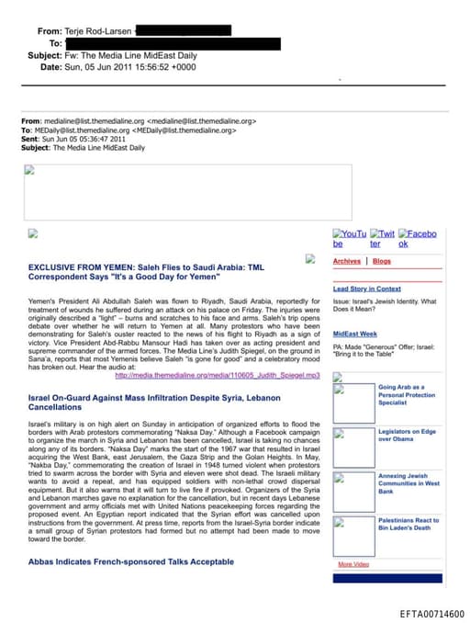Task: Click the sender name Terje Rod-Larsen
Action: (100, 30)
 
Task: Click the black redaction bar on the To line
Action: (173, 43)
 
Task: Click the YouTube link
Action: (349, 239)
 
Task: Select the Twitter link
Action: (382, 239)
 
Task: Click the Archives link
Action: (346, 262)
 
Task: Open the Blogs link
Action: (381, 262)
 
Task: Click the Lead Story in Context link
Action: (366, 289)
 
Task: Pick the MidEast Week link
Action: (354, 334)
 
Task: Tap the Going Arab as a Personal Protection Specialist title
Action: (407, 395)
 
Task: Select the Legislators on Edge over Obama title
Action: (408, 435)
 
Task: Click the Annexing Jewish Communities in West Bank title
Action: (408, 483)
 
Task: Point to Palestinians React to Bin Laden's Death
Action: (408, 524)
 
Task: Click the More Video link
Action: (353, 563)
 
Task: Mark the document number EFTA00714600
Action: (431, 613)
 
